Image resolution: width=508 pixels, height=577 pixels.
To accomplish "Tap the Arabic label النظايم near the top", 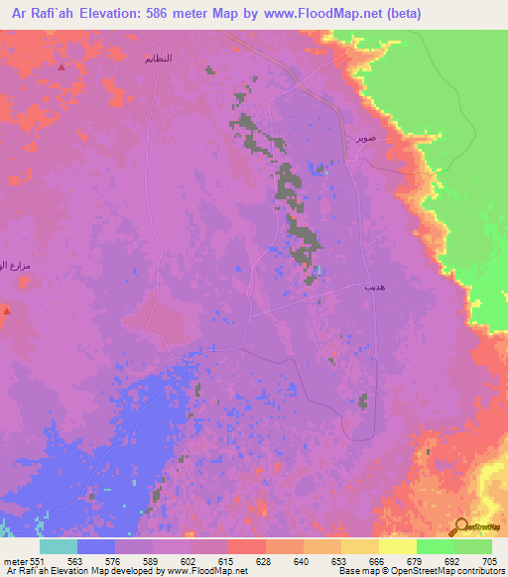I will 158,58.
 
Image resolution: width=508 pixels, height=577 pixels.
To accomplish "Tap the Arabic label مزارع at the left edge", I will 17,266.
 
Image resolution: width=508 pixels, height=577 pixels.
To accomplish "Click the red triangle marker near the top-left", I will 62,67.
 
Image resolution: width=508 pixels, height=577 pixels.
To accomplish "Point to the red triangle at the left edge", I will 6,310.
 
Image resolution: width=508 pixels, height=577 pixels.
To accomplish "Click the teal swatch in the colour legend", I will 59,546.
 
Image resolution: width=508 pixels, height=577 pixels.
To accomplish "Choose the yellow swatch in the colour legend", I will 397,546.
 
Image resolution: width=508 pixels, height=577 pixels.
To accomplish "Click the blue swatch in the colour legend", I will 96,546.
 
